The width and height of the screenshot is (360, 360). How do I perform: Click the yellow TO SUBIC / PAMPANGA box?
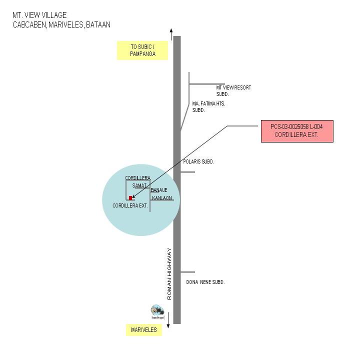142,50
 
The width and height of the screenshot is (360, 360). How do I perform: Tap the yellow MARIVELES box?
144,330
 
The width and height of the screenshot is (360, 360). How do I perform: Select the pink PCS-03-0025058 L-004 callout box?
296,131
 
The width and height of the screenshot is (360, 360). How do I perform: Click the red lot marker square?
131,198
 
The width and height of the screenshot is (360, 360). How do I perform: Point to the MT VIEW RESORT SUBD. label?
233,90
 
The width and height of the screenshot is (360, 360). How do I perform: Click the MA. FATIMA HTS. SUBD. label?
208,106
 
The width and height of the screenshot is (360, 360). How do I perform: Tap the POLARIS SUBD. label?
198,162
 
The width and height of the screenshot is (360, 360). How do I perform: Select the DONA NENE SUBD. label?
205,282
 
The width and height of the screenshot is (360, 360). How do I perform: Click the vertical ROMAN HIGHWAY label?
169,274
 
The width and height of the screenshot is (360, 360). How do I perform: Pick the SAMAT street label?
139,186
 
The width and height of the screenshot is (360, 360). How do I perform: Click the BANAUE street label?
158,190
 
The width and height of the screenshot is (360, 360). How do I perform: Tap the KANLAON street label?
162,198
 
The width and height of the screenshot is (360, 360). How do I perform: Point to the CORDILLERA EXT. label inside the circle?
130,205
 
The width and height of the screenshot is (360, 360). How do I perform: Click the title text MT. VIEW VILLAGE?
39,15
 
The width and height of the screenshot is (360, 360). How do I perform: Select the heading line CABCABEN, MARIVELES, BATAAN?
61,24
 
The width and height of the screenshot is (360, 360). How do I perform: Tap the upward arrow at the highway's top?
171,34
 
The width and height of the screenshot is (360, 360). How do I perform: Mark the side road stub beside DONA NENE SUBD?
187,272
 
